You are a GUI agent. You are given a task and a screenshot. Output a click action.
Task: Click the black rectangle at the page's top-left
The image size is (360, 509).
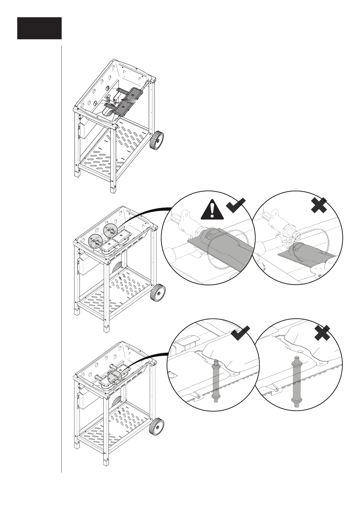[39, 28]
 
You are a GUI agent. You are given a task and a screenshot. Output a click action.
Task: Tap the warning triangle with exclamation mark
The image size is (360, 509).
[212, 210]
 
